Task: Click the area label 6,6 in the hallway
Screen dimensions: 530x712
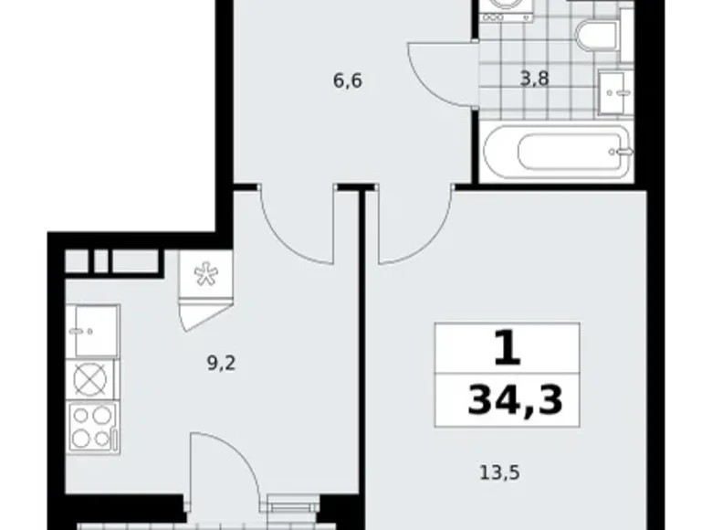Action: click(x=349, y=80)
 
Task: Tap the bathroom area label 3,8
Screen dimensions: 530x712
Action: click(x=535, y=79)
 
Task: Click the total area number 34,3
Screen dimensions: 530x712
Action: click(x=509, y=399)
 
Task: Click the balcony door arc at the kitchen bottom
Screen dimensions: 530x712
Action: click(x=219, y=466)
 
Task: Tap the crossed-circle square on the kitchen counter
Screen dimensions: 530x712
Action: click(x=92, y=377)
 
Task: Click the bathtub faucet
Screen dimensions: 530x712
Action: click(x=624, y=149)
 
